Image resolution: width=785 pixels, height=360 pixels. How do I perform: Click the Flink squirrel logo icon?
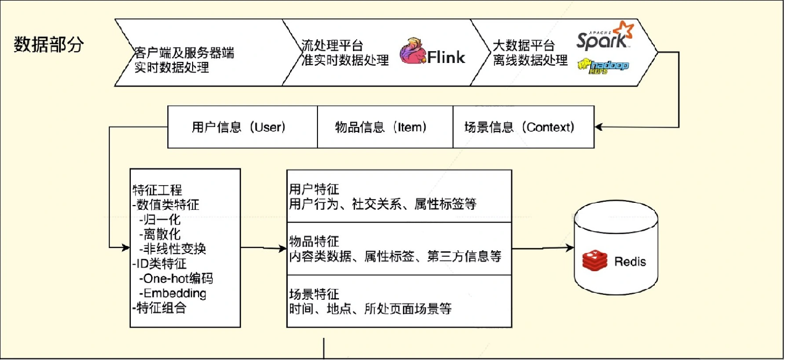[x=413, y=52]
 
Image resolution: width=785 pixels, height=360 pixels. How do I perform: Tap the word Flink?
[x=446, y=58]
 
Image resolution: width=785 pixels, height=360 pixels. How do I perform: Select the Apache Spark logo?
[x=602, y=36]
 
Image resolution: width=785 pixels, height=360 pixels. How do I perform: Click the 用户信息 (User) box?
[x=238, y=128]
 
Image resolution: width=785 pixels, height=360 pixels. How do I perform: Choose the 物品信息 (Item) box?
[x=380, y=128]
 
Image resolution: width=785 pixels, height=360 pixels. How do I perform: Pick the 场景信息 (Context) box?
[x=519, y=128]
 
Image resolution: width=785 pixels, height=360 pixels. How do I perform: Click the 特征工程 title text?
[x=157, y=190]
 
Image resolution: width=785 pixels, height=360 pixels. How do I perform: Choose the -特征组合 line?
[x=159, y=308]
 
